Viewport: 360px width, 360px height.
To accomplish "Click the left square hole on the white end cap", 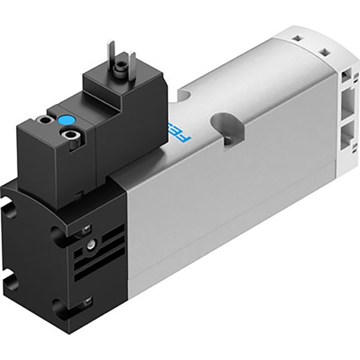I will [x=298, y=38].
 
